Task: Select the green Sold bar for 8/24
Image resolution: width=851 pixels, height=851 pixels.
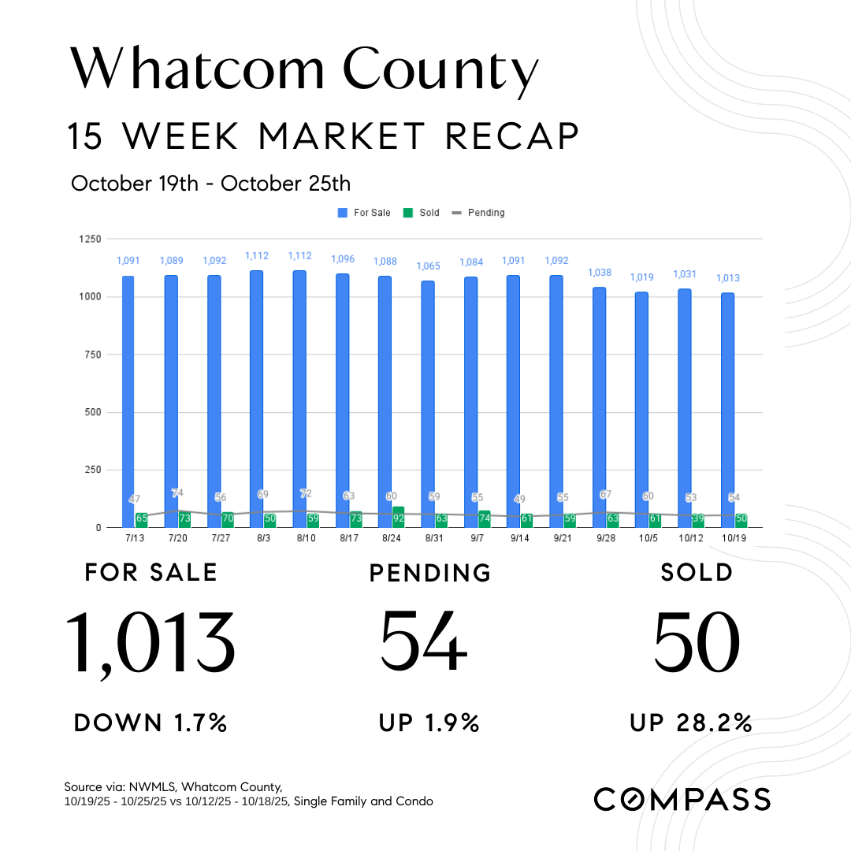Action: (x=398, y=517)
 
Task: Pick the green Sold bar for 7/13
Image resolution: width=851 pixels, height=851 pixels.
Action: (x=142, y=519)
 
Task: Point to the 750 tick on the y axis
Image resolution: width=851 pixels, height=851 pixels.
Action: (x=91, y=355)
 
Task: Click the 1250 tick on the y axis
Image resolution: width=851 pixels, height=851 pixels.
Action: (x=89, y=239)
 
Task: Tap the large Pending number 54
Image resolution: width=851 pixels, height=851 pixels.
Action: (x=425, y=640)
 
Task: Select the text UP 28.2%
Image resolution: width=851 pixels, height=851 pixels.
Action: (x=690, y=723)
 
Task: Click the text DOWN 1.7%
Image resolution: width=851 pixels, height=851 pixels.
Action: (x=151, y=723)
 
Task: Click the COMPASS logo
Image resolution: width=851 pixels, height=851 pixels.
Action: (x=682, y=799)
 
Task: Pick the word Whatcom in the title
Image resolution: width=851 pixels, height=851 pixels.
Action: (x=197, y=69)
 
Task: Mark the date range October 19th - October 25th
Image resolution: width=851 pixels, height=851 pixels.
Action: (x=210, y=184)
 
